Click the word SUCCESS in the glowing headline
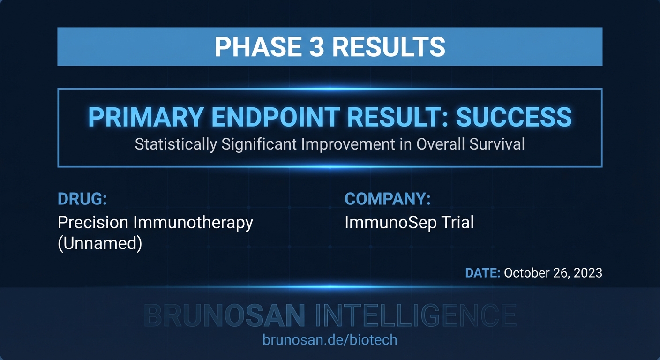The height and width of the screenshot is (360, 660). (x=514, y=117)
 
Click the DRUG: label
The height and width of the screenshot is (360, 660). (x=82, y=199)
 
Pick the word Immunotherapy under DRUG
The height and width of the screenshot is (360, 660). (x=193, y=222)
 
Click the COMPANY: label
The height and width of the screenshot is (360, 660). (x=388, y=199)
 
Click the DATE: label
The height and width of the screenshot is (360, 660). (x=482, y=273)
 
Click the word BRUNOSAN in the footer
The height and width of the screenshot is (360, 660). (x=225, y=315)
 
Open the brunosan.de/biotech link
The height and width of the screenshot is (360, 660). (x=330, y=339)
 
